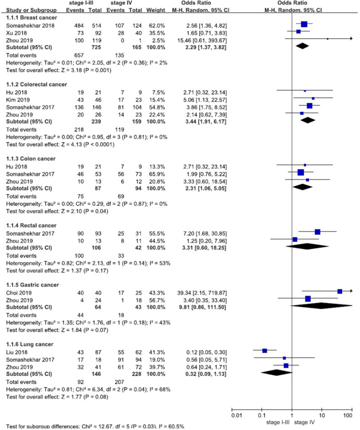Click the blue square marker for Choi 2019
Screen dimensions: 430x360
tap(340, 291)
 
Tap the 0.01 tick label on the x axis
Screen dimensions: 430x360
tap(236, 416)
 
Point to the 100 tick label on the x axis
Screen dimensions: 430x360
tap(347, 416)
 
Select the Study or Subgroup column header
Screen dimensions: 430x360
tap(28, 10)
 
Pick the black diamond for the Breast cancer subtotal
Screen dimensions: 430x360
tap(302, 46)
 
